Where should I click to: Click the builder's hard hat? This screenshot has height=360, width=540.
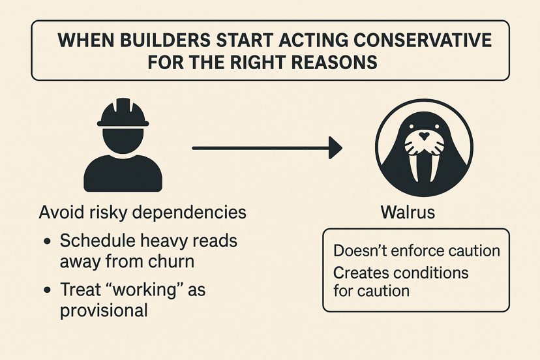tap(123, 113)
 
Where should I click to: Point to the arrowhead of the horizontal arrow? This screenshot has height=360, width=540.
tap(335, 147)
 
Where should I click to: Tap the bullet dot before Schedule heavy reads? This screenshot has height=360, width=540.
tap(47, 242)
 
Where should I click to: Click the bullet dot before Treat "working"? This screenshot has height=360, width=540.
tap(47, 289)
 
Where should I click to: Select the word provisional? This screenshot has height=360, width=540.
tap(104, 310)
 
